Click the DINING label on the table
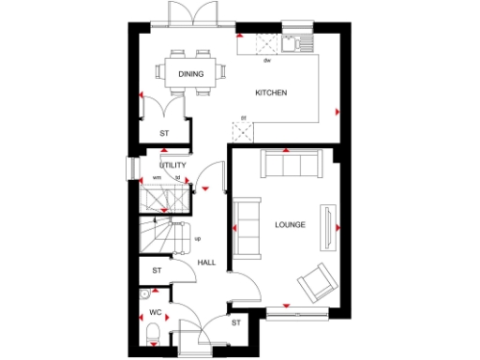(192, 73)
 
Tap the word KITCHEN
(271, 93)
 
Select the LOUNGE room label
(290, 225)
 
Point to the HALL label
(206, 262)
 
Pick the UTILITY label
(173, 165)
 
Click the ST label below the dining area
(164, 134)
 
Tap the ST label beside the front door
(236, 323)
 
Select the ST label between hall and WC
(157, 271)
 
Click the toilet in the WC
(152, 331)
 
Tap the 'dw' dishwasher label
(267, 60)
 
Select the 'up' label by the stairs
(197, 238)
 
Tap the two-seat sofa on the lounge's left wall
(247, 225)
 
